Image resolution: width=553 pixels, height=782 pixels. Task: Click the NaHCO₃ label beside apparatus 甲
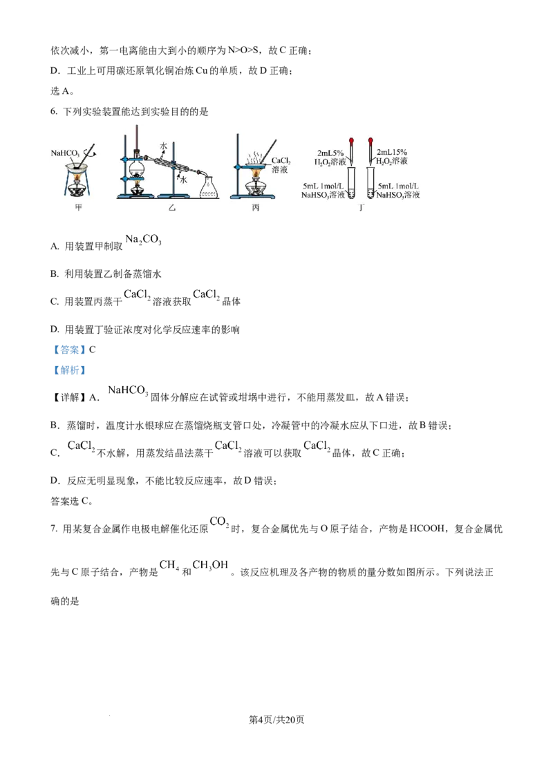pyautogui.click(x=65, y=153)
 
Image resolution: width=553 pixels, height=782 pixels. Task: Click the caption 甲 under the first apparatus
pyautogui.click(x=78, y=207)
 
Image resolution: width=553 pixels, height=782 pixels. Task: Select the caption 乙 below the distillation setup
pyautogui.click(x=171, y=207)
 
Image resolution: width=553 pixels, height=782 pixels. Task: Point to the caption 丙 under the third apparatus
pyautogui.click(x=256, y=207)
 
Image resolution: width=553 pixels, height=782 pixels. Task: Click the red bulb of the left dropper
pyautogui.click(x=351, y=140)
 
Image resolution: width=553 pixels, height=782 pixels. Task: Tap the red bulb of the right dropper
pyautogui.click(x=371, y=140)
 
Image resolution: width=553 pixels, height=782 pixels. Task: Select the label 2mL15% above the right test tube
pyautogui.click(x=392, y=152)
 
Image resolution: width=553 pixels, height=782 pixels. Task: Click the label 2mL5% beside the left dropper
pyautogui.click(x=330, y=153)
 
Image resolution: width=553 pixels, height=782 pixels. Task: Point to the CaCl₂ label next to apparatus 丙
pyautogui.click(x=281, y=161)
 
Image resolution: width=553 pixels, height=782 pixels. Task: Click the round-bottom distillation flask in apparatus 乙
pyautogui.click(x=135, y=166)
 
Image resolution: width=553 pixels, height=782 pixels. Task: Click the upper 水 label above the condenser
pyautogui.click(x=163, y=146)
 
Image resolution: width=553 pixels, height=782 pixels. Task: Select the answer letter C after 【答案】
pyautogui.click(x=93, y=350)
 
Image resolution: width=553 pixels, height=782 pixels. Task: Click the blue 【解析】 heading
pyautogui.click(x=69, y=370)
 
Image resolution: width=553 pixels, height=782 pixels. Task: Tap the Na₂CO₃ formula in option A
pyautogui.click(x=143, y=240)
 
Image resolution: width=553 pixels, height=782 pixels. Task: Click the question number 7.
pyautogui.click(x=53, y=529)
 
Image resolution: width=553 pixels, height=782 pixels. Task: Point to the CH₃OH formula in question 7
pyautogui.click(x=210, y=565)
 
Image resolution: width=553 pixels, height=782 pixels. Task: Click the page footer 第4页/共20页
pyautogui.click(x=276, y=720)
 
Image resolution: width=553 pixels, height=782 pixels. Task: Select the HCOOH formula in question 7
pyautogui.click(x=427, y=528)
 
